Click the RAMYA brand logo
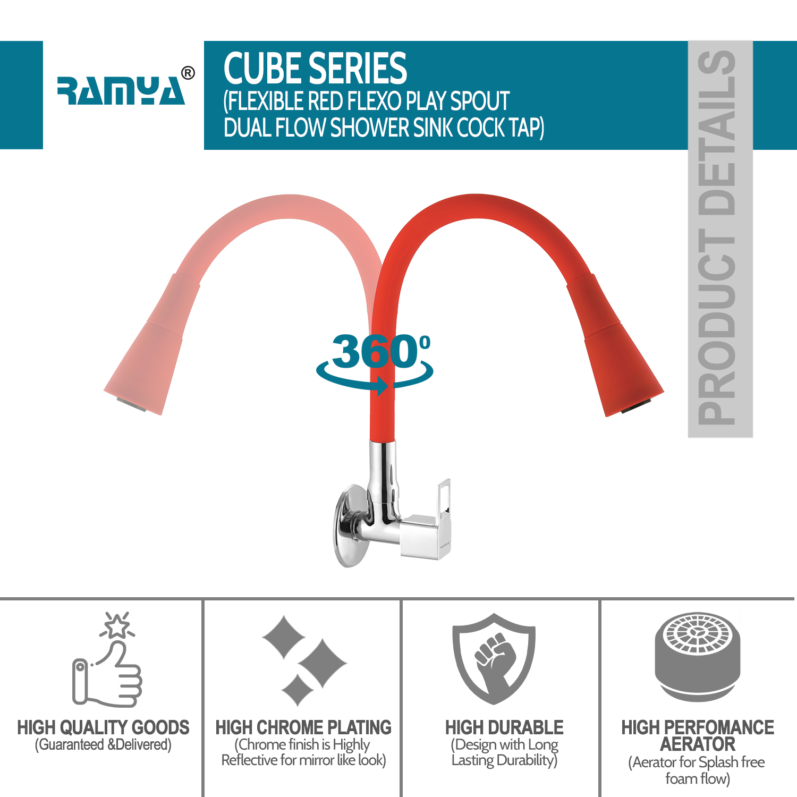[121, 91]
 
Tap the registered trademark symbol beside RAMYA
[188, 73]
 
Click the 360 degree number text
[375, 351]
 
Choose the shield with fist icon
[494, 659]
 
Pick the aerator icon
[697, 657]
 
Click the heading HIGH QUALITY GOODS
[103, 727]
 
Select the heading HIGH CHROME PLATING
[303, 727]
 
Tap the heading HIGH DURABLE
[504, 727]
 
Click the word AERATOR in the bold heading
[698, 744]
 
